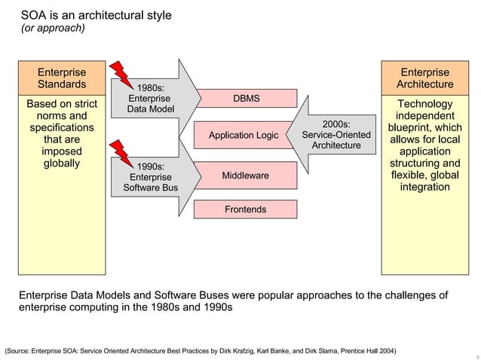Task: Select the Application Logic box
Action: (x=244, y=136)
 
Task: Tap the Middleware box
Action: (x=245, y=175)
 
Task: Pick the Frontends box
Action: (x=245, y=209)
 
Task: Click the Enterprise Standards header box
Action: (x=62, y=78)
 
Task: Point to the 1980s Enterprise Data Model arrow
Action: (x=155, y=98)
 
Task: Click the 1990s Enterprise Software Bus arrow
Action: (x=155, y=176)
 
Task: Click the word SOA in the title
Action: (x=32, y=15)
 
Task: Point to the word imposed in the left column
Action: (x=62, y=151)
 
